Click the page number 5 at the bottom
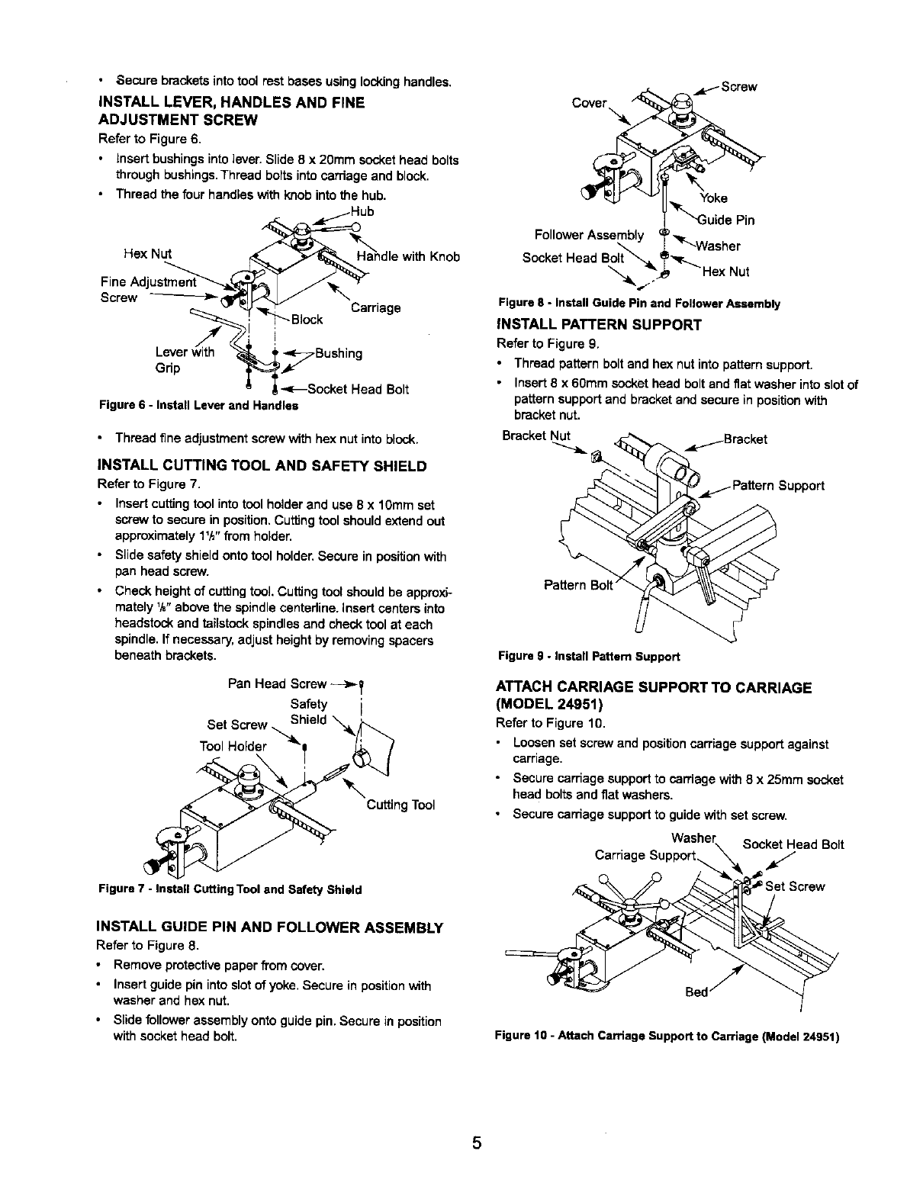(x=477, y=1143)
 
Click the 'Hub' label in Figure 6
(x=362, y=211)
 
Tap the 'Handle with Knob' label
(x=408, y=256)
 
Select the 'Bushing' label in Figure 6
(x=338, y=353)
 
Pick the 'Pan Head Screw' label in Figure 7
(x=278, y=683)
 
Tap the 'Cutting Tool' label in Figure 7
(x=400, y=805)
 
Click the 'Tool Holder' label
(x=233, y=746)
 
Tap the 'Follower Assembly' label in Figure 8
(x=590, y=234)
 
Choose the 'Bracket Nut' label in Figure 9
(x=536, y=436)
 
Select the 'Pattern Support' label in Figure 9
(x=777, y=485)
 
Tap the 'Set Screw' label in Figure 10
(x=795, y=886)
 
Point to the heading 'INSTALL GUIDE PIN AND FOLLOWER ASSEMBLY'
(x=270, y=927)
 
